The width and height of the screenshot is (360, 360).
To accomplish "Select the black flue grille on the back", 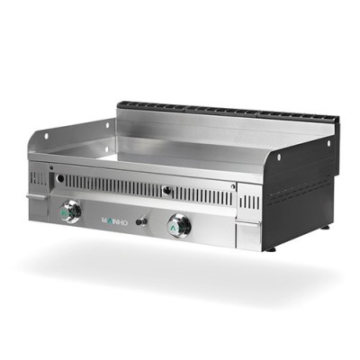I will tap(225, 114).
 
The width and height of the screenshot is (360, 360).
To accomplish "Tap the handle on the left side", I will tap(35, 197).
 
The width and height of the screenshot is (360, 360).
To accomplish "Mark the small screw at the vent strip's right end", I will tap(233, 187).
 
